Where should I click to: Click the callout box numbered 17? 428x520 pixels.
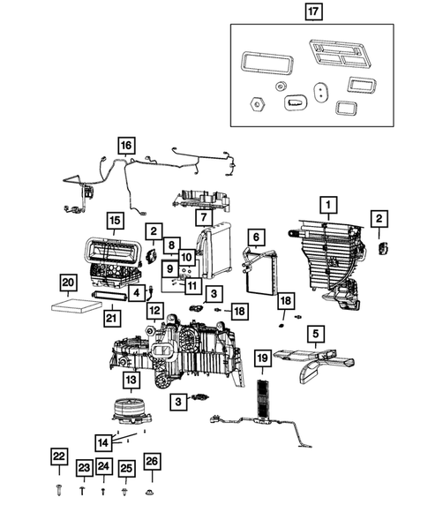[x=313, y=11]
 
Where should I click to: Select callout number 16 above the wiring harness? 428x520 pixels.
[x=126, y=146]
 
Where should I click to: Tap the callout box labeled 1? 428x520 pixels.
[x=328, y=205]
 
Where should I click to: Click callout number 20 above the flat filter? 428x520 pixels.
[x=68, y=283]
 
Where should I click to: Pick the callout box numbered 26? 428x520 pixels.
[x=152, y=462]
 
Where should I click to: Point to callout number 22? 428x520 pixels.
[x=59, y=456]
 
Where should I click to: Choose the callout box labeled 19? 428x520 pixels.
[x=263, y=358]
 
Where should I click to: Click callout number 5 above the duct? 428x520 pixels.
[x=316, y=334]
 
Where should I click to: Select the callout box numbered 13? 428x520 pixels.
[x=131, y=380]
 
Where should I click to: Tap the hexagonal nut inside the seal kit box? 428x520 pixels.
[x=258, y=104]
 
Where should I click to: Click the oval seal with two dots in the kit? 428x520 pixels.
[x=321, y=91]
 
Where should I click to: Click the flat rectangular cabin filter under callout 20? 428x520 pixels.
[x=77, y=305]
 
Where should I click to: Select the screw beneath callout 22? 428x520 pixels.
[x=59, y=489]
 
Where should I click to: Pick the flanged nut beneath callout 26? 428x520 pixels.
[x=151, y=492]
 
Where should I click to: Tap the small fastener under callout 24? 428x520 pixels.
[x=102, y=491]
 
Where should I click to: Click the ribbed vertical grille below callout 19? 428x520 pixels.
[x=264, y=400]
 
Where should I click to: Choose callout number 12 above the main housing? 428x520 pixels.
[x=155, y=311]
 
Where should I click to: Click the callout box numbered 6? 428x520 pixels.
[x=256, y=237]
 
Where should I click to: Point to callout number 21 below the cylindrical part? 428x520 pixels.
[x=112, y=319]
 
